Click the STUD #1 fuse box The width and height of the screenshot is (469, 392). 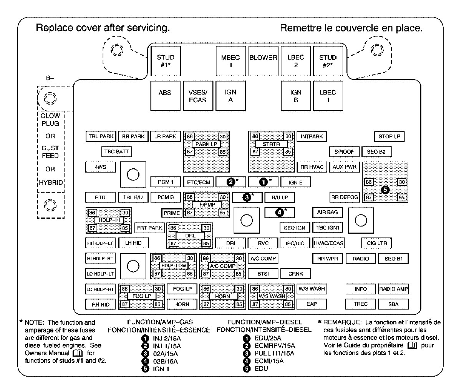point(166,61)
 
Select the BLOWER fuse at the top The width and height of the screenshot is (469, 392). point(263,61)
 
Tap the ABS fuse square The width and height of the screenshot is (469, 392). point(165,96)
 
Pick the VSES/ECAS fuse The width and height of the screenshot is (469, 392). point(198,96)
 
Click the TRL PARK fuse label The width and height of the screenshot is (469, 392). point(101,136)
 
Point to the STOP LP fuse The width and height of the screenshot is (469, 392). point(389,136)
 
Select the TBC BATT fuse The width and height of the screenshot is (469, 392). point(116,152)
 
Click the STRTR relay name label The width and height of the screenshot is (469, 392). point(271,144)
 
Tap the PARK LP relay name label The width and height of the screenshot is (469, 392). point(206,144)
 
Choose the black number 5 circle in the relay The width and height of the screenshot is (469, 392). point(385,190)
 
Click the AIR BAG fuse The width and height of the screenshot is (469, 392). point(328,213)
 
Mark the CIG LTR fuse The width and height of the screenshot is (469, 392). point(377,243)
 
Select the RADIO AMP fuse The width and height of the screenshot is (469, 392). point(394,289)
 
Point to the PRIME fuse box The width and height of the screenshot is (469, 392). point(172,213)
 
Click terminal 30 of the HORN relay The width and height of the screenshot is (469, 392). point(239,289)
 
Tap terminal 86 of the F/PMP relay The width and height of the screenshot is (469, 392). point(190,197)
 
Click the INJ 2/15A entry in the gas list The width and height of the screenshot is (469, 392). point(167,339)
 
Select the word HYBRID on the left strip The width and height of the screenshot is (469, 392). point(51,183)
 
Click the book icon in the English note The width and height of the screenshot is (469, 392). point(78,353)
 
